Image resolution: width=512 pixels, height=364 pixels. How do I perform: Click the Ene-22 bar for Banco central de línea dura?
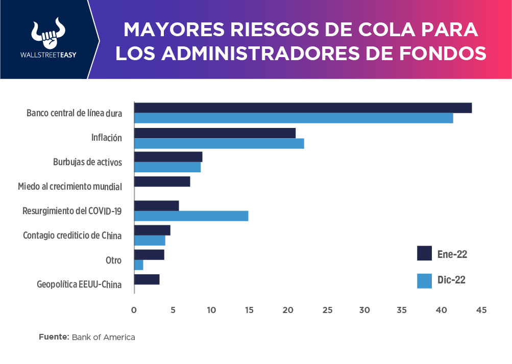303,108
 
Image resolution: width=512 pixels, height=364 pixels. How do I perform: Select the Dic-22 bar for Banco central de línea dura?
294,118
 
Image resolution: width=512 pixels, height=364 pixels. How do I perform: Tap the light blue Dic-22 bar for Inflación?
219,144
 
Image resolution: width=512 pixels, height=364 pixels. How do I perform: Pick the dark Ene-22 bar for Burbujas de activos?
168,157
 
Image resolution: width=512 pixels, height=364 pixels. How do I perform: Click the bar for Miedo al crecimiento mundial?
162,181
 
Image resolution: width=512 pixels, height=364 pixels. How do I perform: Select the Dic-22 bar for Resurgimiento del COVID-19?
191,216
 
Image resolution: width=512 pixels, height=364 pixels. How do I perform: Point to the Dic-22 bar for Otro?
139,265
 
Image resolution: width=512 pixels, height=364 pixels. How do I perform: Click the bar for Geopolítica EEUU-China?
147,279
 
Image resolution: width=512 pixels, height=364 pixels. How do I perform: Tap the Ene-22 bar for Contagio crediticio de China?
152,230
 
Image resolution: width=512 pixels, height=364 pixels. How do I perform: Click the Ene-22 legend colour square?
424,253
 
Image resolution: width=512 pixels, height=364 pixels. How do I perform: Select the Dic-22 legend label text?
451,280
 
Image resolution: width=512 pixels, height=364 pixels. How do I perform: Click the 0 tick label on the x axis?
134,310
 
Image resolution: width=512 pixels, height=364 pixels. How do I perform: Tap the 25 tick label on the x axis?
327,310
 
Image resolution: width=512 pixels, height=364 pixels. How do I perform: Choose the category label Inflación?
107,138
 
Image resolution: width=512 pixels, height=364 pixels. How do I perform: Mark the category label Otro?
113,261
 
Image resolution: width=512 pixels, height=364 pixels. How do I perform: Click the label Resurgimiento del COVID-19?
72,211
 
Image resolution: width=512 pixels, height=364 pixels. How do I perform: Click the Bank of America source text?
104,337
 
